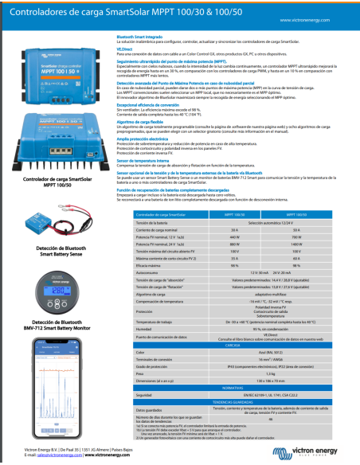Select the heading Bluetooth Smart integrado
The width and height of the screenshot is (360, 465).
(x=141, y=37)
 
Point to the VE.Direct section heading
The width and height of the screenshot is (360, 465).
(x=126, y=48)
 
